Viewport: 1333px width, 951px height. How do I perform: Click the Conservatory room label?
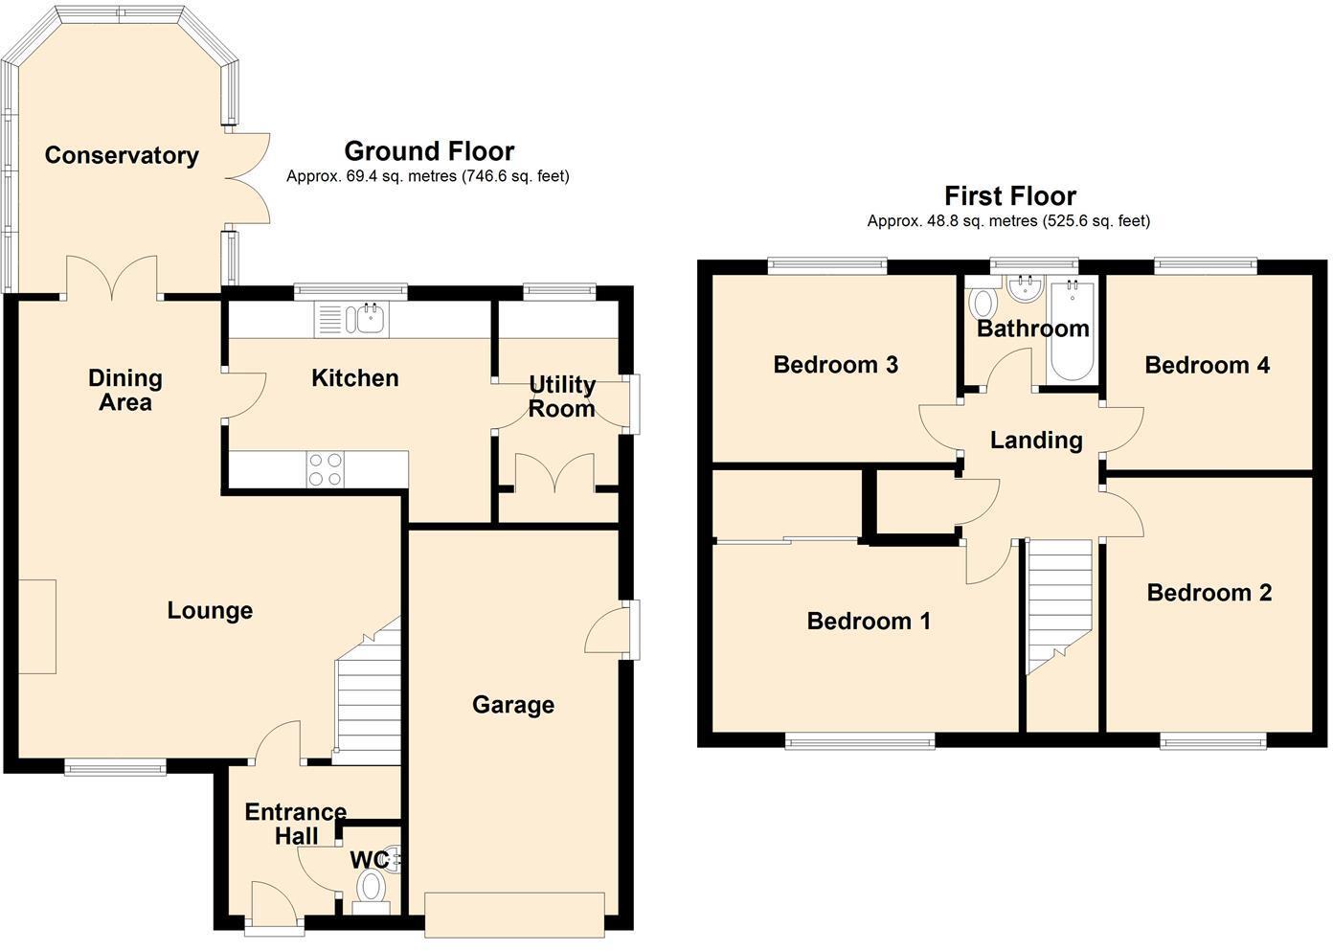point(122,155)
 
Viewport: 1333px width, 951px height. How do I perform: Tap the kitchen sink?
point(351,319)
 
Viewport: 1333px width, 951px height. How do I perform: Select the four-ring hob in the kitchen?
point(327,469)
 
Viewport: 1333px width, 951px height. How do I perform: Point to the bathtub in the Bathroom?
point(1072,332)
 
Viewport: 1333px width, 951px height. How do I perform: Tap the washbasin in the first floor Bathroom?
point(1026,288)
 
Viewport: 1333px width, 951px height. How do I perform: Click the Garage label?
point(513,705)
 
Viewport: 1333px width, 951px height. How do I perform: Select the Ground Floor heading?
point(429,151)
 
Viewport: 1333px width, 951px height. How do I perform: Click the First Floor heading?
point(1010,195)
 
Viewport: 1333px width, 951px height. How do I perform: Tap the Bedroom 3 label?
point(835,364)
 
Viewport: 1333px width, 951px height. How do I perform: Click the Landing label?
point(1036,441)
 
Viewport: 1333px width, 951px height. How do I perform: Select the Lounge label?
point(210,611)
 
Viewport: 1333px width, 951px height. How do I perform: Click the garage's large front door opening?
point(515,915)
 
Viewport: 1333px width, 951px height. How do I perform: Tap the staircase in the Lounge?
point(368,691)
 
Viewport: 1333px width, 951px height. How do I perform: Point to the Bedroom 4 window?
point(1206,265)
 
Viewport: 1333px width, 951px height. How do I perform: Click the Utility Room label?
point(562,396)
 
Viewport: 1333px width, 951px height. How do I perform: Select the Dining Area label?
point(124,390)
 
